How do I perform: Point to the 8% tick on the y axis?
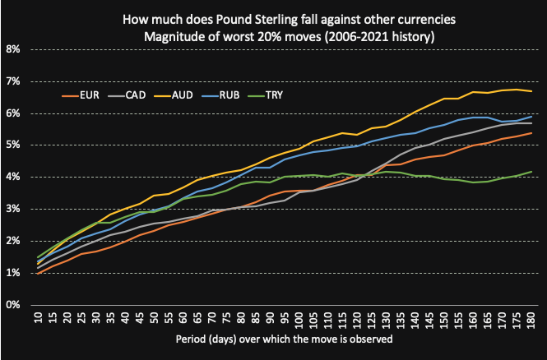pyautogui.click(x=13, y=48)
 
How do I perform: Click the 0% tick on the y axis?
pyautogui.click(x=13, y=305)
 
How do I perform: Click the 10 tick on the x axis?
pyautogui.click(x=38, y=317)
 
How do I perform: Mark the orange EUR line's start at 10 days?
pyautogui.click(x=38, y=273)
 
